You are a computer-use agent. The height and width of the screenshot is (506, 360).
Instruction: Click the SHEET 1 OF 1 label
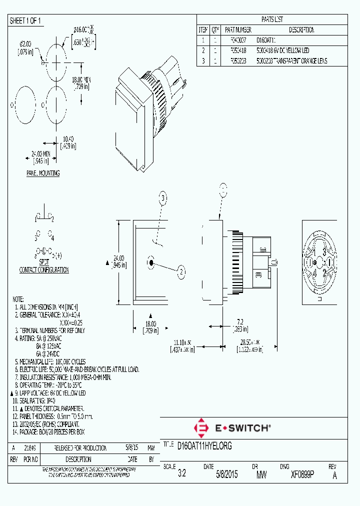pyautogui.click(x=26, y=20)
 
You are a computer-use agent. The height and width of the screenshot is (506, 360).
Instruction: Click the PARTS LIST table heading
pyautogui.click(x=272, y=19)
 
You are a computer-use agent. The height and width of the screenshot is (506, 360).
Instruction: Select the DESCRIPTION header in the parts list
pyautogui.click(x=301, y=30)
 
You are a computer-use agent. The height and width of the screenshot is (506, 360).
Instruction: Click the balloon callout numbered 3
pyautogui.click(x=162, y=198)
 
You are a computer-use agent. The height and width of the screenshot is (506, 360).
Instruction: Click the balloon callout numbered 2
pyautogui.click(x=181, y=271)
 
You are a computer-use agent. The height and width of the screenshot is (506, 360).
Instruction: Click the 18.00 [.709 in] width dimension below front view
pyautogui.click(x=150, y=327)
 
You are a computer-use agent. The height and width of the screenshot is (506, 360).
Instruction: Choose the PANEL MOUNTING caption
pyautogui.click(x=43, y=173)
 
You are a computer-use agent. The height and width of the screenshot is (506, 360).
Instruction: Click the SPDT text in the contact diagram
pyautogui.click(x=44, y=262)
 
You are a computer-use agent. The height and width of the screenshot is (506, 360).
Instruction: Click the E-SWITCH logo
pyautogui.click(x=232, y=428)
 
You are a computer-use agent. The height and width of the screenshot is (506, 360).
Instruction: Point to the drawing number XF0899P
pyautogui.click(x=302, y=475)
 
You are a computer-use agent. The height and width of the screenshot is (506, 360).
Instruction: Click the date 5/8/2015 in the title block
pyautogui.click(x=226, y=475)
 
